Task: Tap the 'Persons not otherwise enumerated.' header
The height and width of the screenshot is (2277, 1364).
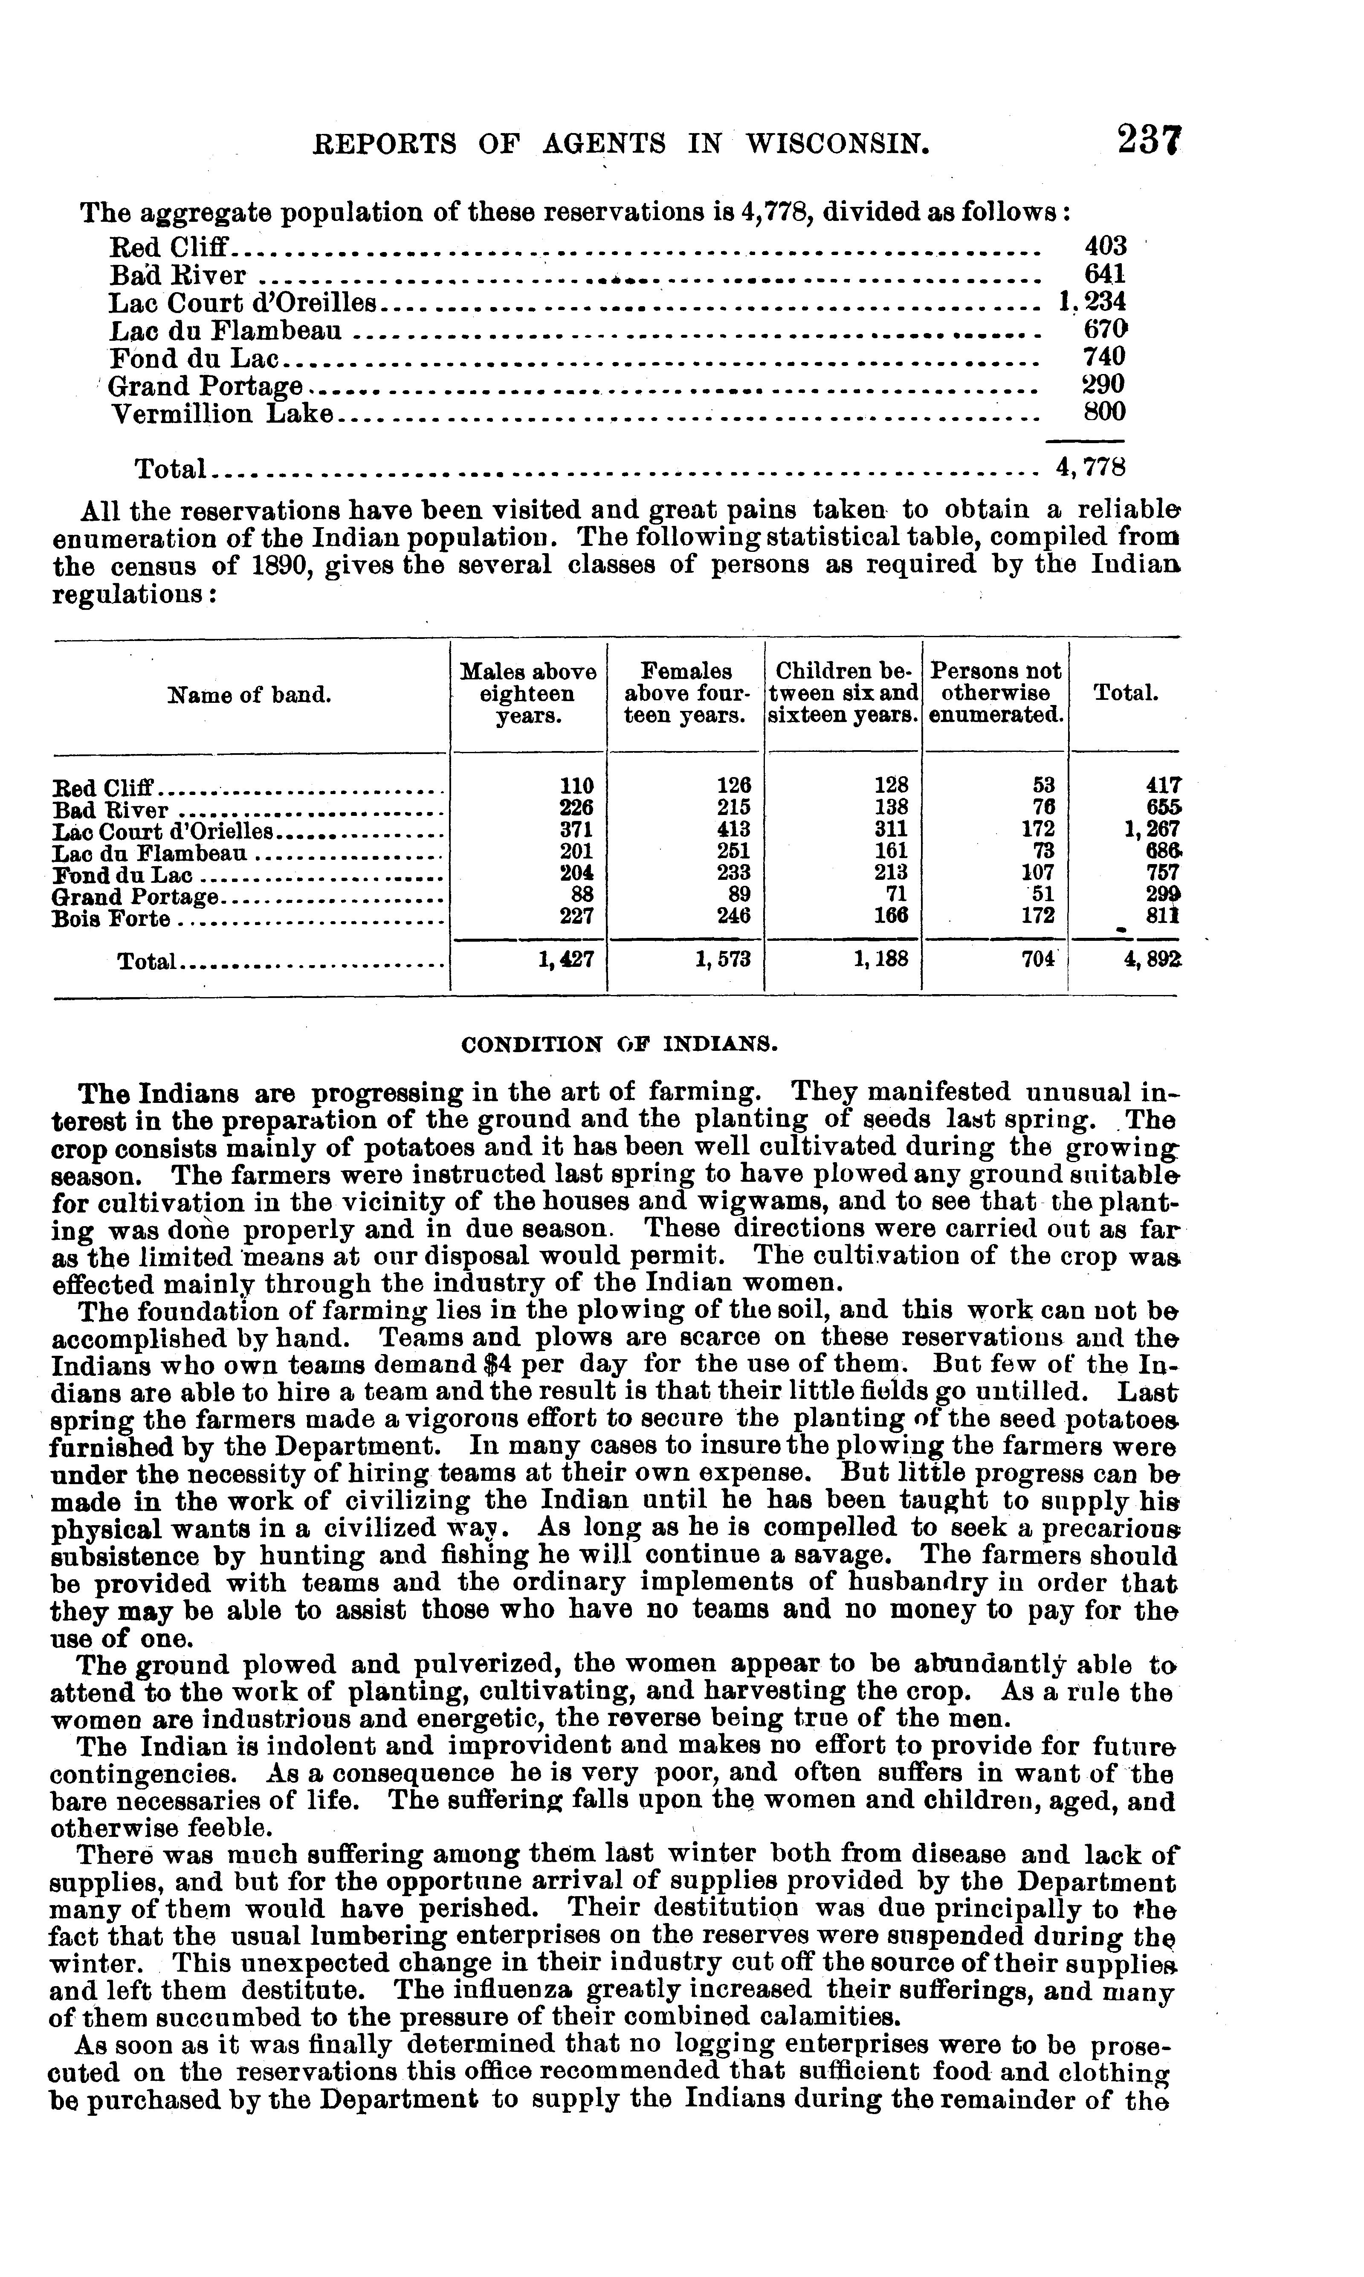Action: click(x=996, y=694)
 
